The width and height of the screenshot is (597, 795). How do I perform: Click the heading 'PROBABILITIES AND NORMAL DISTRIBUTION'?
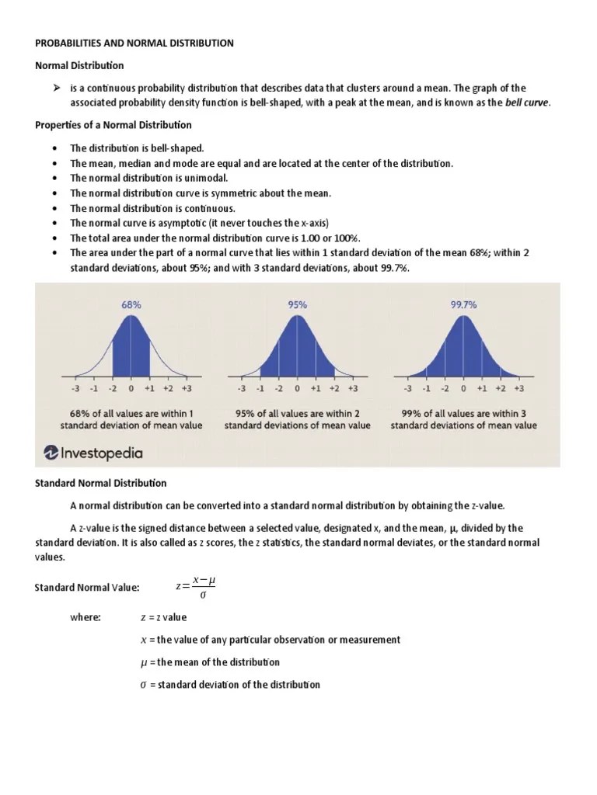(134, 43)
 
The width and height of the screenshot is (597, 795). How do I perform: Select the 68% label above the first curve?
(131, 305)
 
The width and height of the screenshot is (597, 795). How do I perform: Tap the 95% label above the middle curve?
(298, 305)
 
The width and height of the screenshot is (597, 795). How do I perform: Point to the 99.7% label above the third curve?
(464, 305)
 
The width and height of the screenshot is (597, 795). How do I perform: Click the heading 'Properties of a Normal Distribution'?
(113, 125)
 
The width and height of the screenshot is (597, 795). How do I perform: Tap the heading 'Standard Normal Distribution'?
(100, 483)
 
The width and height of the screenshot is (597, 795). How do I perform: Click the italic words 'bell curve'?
(528, 103)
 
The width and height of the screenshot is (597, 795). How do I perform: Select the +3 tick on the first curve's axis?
(187, 388)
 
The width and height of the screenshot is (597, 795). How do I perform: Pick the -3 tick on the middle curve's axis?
(242, 388)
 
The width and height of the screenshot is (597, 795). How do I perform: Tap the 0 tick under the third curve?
(464, 388)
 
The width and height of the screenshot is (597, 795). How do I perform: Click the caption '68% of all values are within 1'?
(131, 413)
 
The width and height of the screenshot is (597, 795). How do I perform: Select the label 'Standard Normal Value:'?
(87, 588)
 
